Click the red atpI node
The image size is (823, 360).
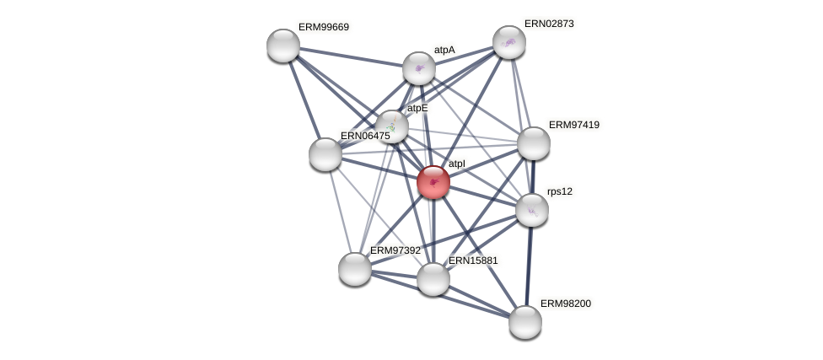click(x=433, y=182)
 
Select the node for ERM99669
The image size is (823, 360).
click(x=283, y=46)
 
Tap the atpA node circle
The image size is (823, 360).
click(x=419, y=68)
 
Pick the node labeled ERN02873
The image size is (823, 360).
click(x=509, y=42)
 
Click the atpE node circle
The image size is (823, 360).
click(x=392, y=126)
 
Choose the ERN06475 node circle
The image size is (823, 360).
click(x=325, y=154)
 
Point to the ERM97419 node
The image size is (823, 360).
click(x=534, y=143)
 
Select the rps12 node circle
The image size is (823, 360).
click(x=532, y=210)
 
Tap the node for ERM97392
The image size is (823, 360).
click(x=355, y=269)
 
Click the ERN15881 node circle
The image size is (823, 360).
click(x=433, y=279)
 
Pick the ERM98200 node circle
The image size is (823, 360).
click(x=525, y=322)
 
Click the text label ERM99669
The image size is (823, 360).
click(x=323, y=27)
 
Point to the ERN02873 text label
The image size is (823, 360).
click(x=549, y=24)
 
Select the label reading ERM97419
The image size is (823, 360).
click(x=573, y=125)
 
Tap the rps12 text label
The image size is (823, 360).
click(x=559, y=191)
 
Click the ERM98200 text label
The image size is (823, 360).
click(x=565, y=304)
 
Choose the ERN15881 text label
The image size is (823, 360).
click(x=473, y=261)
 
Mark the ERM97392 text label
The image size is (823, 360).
click(x=395, y=250)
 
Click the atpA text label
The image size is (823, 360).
click(x=444, y=50)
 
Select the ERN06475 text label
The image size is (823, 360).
click(x=365, y=136)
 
